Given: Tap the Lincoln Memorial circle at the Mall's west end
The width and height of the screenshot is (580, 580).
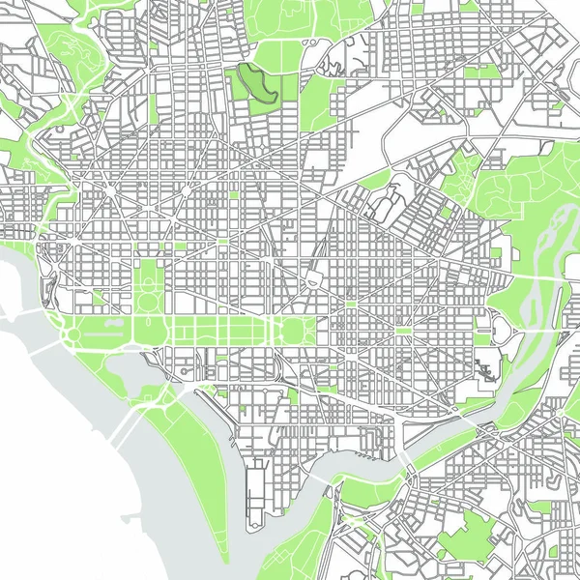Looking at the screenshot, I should click(x=71, y=334).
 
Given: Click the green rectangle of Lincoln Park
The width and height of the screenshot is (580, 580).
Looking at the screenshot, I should click(x=404, y=331).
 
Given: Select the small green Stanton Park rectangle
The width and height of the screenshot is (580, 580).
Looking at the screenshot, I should click(x=351, y=304).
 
